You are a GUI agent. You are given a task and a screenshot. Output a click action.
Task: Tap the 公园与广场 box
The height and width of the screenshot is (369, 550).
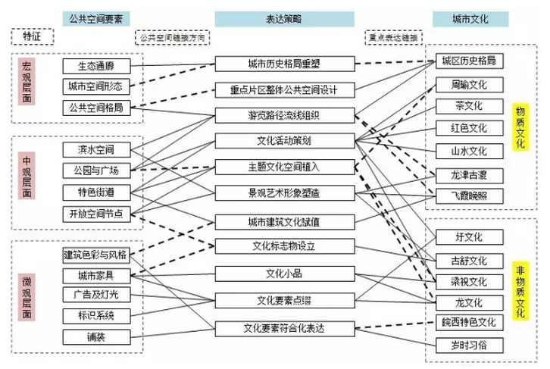(95, 170)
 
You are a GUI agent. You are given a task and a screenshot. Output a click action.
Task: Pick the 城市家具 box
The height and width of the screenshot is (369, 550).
(95, 275)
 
